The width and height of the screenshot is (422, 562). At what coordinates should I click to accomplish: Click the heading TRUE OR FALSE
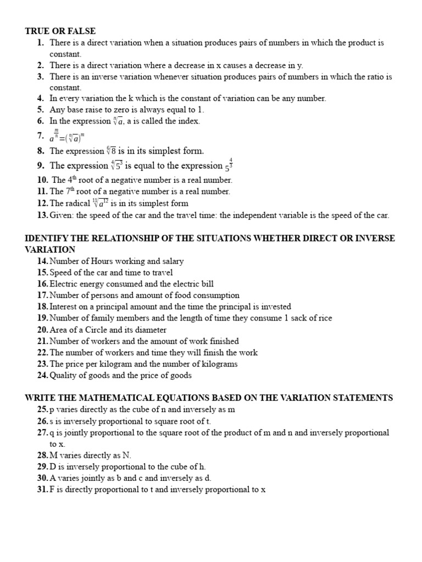point(60,31)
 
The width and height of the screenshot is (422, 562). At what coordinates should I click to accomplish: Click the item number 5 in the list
point(41,110)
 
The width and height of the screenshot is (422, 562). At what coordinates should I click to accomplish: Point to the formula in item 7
point(69,136)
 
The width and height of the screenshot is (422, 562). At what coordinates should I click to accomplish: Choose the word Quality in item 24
point(63,375)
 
